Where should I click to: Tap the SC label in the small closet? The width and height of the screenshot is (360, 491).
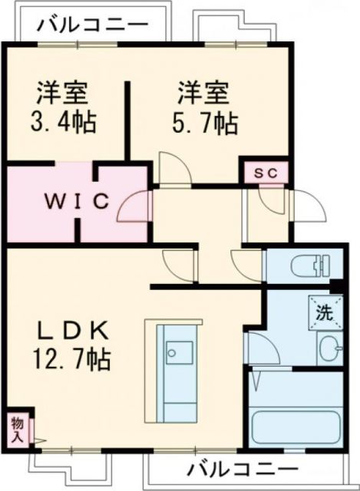pos(266,172)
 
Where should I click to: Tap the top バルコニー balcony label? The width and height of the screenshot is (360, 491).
pos(91,24)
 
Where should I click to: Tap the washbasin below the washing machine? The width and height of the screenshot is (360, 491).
pos(331,349)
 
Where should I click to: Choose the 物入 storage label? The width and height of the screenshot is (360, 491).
pos(16,429)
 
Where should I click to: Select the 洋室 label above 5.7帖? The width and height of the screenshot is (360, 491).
pos(204,95)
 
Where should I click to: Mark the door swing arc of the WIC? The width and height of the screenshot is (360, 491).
pos(132,206)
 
